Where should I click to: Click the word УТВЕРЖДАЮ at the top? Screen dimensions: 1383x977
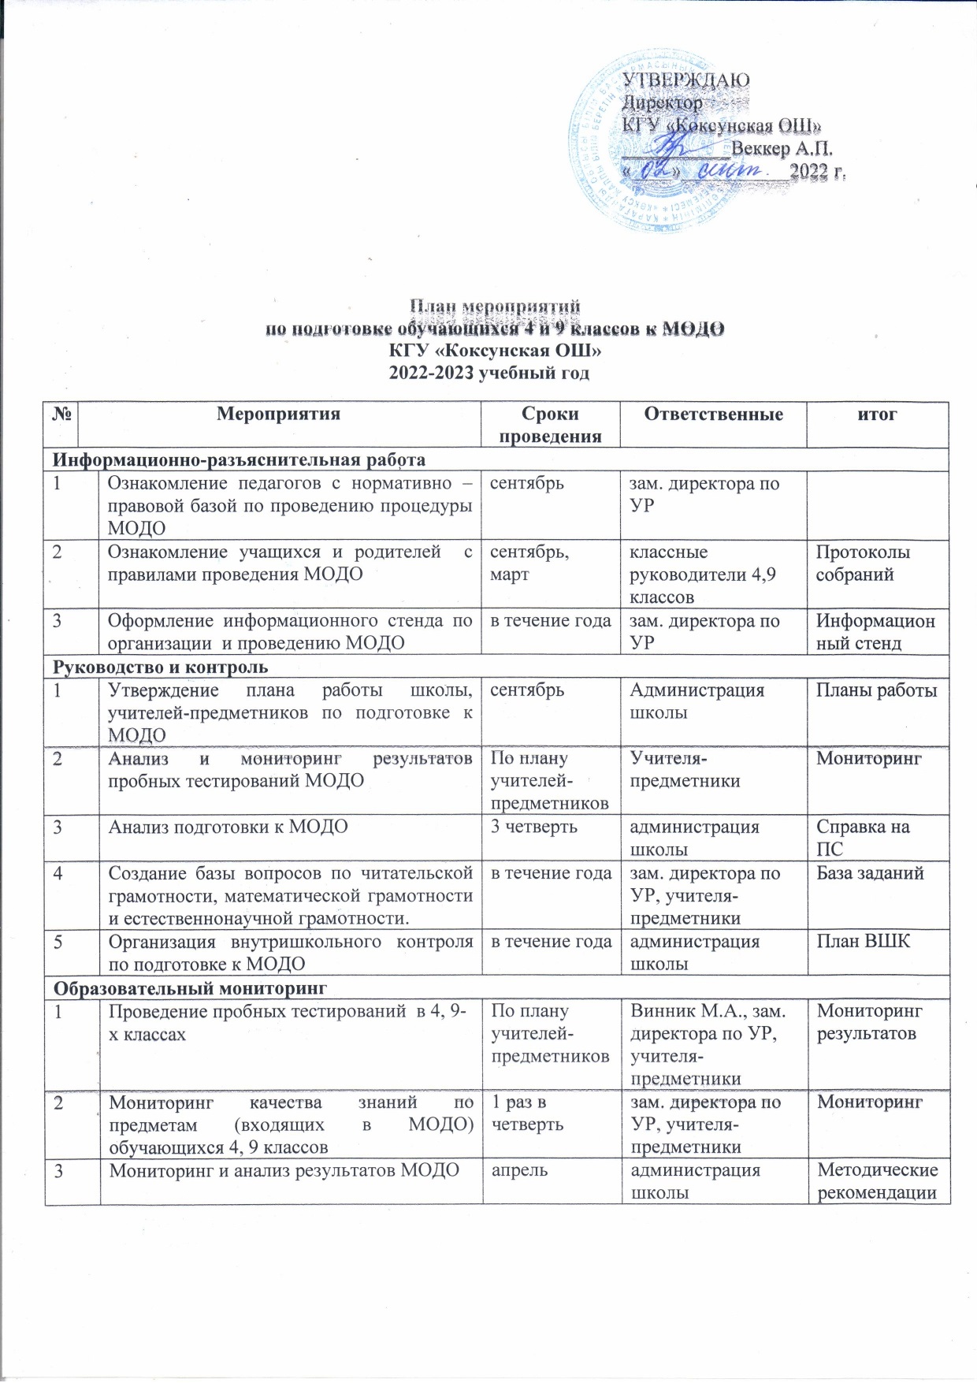[686, 80]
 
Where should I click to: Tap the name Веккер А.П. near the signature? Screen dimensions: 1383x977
[782, 149]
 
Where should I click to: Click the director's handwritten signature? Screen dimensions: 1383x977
[674, 147]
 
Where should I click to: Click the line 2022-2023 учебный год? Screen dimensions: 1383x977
[489, 373]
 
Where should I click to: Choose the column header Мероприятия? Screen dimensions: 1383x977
[278, 415]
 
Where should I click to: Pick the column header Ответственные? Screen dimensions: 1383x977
[713, 415]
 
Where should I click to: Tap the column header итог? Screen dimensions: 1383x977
[877, 415]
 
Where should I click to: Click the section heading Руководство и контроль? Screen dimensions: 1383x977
[160, 667]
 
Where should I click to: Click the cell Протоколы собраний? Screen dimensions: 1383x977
[863, 563]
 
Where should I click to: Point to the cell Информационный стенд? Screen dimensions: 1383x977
[875, 632]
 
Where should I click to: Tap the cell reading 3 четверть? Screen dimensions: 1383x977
[534, 827]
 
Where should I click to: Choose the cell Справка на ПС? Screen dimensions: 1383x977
[863, 838]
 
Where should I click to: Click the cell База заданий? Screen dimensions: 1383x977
[870, 873]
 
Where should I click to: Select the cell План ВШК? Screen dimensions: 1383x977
[863, 942]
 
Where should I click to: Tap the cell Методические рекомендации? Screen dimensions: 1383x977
[877, 1181]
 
